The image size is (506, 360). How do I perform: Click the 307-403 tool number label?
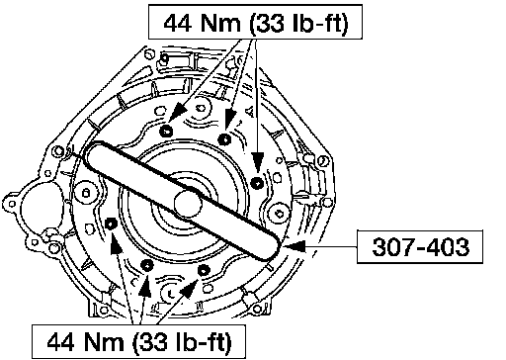coord(420,247)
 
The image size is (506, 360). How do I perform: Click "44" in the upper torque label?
coord(177,23)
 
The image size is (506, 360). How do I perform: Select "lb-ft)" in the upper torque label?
coord(320,24)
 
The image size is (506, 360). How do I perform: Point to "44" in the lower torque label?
coord(60,342)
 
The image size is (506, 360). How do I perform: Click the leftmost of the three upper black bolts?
coord(166,132)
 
